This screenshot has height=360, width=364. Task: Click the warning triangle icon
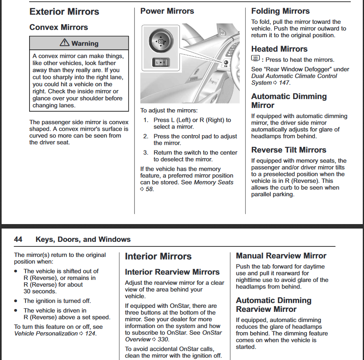pos(64,42)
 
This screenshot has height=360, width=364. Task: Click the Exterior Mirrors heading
pos(64,12)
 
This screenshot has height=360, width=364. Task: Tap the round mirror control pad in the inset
pos(161,41)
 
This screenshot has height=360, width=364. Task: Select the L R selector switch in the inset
pos(161,62)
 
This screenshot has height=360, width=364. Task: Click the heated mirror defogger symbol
pos(255,59)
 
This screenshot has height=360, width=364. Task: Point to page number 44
pos(18,239)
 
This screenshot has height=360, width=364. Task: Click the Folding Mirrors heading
pos(281,11)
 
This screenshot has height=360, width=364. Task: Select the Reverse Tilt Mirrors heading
pos(289,150)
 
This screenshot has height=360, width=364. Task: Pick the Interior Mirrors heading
pos(158,256)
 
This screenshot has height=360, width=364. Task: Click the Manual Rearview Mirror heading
pos(281,256)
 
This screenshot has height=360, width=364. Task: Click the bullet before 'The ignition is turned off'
pos(15,301)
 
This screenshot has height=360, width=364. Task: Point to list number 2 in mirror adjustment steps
pos(145,136)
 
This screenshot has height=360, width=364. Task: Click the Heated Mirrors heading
pos(279,49)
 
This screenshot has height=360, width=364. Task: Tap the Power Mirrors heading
pos(167,11)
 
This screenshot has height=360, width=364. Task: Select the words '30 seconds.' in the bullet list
pos(40,291)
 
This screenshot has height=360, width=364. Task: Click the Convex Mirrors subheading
pos(59,27)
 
